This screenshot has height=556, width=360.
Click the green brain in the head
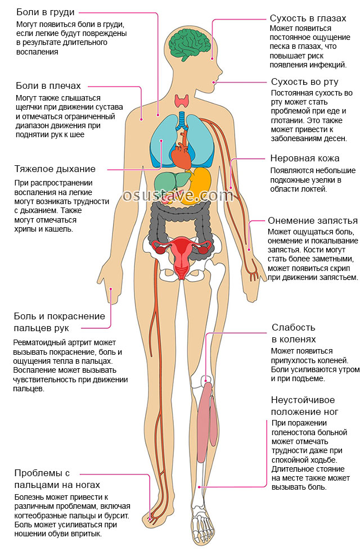click(190, 44)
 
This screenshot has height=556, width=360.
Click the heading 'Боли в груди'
click(46, 12)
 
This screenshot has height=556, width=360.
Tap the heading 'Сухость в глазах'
click(308, 18)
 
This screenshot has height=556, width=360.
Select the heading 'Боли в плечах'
click(48, 86)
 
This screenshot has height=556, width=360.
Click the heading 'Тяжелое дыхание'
click(55, 169)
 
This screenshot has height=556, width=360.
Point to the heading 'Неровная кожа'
click(305, 158)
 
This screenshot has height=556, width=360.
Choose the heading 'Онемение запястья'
click(313, 220)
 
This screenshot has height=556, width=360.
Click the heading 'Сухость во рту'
click(305, 82)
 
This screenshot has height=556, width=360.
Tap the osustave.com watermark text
click(177, 195)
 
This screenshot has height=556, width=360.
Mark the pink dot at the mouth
click(214, 82)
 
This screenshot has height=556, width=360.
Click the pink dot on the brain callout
click(212, 59)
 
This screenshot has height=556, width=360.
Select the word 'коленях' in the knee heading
click(294, 340)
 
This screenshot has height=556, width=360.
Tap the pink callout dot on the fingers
click(111, 289)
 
